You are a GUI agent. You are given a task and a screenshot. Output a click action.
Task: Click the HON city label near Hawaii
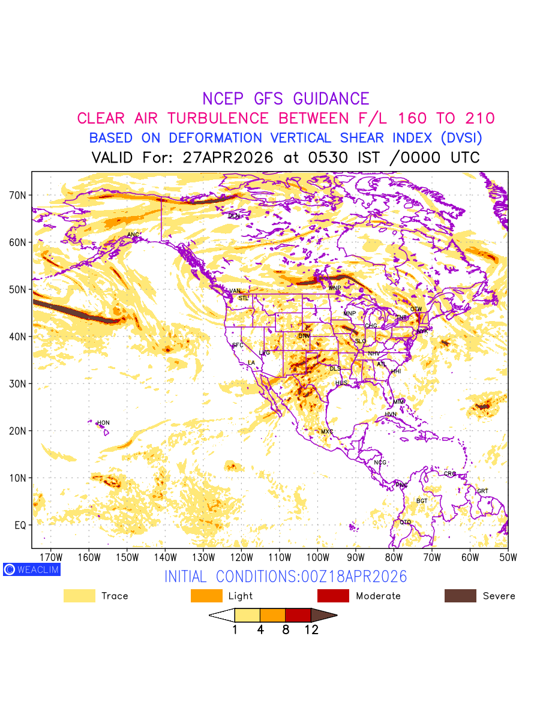103,423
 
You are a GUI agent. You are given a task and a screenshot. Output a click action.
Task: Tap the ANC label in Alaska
133,235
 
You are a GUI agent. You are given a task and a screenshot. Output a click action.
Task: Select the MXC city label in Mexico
327,431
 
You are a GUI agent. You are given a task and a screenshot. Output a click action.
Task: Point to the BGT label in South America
422,500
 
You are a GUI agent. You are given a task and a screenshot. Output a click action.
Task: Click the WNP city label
335,288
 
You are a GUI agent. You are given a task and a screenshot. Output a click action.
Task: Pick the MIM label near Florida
399,401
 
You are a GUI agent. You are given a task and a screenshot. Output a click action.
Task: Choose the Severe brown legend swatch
460,596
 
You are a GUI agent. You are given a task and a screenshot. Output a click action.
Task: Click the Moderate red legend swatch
333,596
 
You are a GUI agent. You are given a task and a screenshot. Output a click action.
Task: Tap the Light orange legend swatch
206,596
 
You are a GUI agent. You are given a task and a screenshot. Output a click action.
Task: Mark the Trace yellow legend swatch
79,596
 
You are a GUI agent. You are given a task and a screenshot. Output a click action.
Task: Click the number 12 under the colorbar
311,630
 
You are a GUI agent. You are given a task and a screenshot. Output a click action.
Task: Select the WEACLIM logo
31,569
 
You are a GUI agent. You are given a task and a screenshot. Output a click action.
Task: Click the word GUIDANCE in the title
331,99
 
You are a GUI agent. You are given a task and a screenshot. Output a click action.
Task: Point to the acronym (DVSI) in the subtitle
461,138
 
